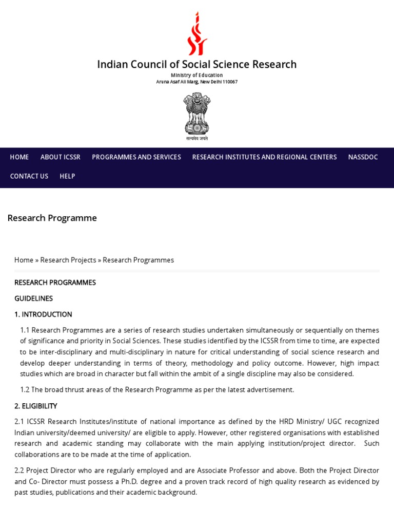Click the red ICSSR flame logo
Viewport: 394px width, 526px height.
(197, 34)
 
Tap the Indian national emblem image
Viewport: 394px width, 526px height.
(197, 114)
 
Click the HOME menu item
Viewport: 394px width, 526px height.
(19, 157)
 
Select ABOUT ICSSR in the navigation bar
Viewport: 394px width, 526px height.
(61, 157)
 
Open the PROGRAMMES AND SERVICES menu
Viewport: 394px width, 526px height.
(136, 157)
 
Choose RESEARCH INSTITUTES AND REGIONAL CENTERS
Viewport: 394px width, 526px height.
(264, 157)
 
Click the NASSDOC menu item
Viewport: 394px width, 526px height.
(363, 157)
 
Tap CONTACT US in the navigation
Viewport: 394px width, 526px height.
(29, 176)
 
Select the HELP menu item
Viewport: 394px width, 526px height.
(67, 176)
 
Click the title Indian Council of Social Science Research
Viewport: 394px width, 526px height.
(197, 65)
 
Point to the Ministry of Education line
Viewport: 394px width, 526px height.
(197, 75)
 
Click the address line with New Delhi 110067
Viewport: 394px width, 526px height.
(197, 82)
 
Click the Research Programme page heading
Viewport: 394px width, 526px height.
(52, 218)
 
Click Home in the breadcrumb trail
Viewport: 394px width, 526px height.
(24, 260)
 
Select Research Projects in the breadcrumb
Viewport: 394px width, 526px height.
(68, 260)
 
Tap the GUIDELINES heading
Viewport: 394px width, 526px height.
(33, 298)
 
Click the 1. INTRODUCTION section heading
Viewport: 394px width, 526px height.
(43, 314)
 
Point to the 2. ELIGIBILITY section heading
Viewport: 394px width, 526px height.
(36, 406)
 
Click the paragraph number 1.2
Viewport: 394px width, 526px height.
(25, 390)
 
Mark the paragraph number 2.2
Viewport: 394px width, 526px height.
(19, 471)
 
